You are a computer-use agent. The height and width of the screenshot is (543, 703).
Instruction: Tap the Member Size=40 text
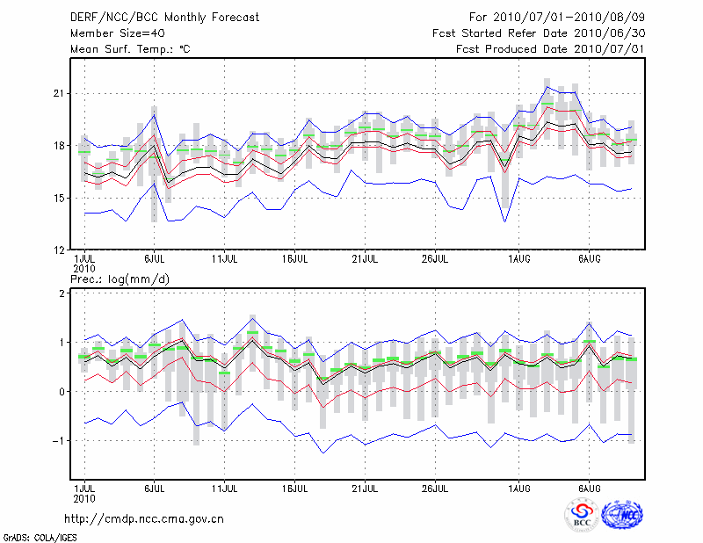[115, 33]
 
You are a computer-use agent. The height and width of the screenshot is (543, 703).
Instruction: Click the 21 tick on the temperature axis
[60, 93]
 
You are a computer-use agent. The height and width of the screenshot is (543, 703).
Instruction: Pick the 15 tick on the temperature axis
[60, 198]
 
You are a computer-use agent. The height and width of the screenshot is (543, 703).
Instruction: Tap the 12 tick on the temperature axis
[60, 250]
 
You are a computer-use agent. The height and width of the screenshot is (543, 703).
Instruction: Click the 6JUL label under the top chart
[155, 259]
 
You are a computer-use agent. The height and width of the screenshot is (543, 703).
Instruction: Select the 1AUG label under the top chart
[519, 259]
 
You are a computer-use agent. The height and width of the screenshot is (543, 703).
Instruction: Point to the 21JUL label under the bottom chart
[365, 486]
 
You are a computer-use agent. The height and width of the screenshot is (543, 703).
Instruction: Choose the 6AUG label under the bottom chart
[590, 486]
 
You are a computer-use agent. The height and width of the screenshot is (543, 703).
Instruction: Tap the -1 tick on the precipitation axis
[61, 441]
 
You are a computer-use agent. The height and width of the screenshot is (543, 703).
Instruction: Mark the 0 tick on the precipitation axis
[64, 392]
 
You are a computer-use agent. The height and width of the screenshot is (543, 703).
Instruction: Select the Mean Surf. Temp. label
[130, 49]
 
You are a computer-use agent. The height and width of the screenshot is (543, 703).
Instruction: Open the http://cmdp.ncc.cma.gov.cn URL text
[144, 518]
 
